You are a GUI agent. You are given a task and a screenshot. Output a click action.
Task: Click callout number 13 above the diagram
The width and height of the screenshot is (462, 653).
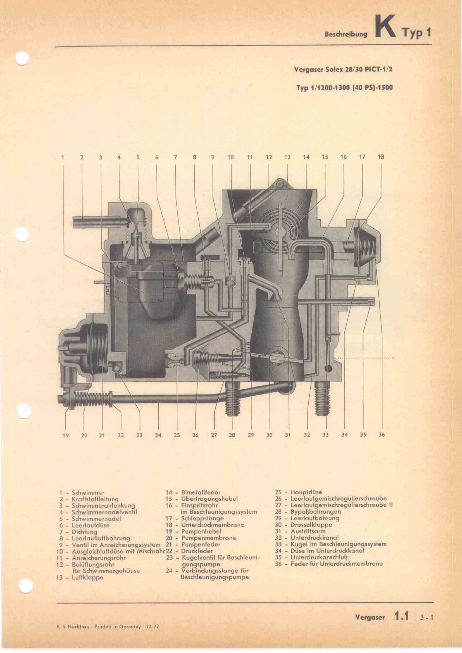tap(287, 157)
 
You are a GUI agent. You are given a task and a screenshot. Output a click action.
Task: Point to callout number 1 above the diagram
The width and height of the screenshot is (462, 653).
tap(62, 157)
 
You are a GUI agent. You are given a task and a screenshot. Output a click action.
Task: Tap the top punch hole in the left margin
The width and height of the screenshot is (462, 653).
tap(22, 59)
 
